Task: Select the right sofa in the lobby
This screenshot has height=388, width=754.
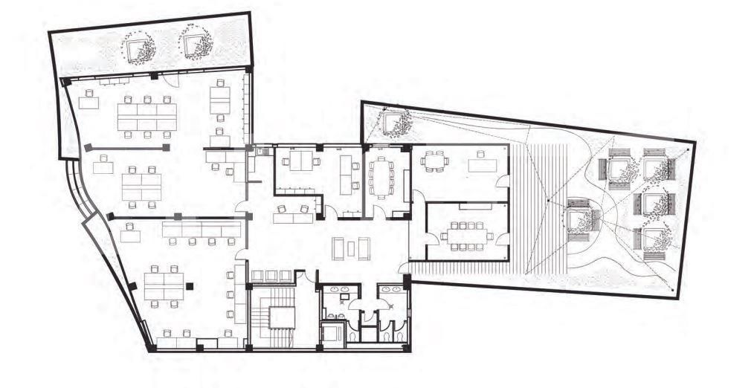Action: point(364,248)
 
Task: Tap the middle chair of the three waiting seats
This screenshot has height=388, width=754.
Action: point(271,276)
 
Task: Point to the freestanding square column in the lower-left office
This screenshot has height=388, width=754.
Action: point(190,285)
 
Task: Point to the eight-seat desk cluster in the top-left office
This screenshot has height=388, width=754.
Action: point(146,116)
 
